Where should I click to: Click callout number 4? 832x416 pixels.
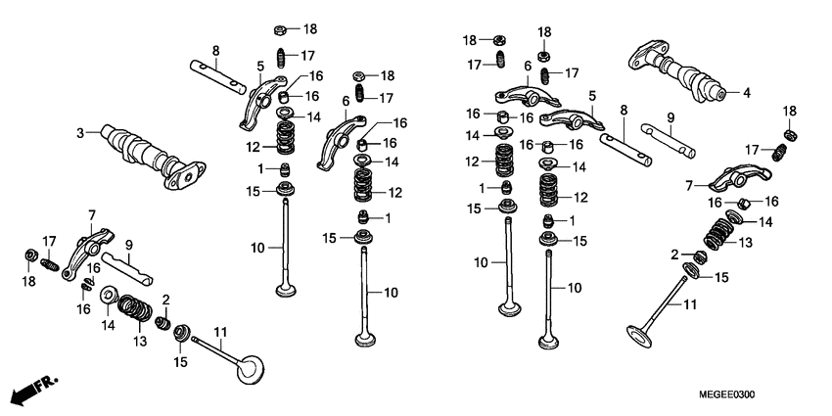pyautogui.click(x=747, y=94)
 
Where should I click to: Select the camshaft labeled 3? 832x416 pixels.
pyautogui.click(x=147, y=155)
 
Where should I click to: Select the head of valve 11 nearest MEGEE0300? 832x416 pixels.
pyautogui.click(x=639, y=335)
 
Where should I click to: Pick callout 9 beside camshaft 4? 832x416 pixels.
pyautogui.click(x=671, y=118)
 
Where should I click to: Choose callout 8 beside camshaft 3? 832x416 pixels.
pyautogui.click(x=215, y=51)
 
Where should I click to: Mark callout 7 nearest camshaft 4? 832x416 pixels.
pyautogui.click(x=688, y=185)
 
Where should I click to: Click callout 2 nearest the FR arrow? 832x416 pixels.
pyautogui.click(x=166, y=300)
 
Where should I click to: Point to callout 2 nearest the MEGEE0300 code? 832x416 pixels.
pyautogui.click(x=674, y=255)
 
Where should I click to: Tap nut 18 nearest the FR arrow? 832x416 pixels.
pyautogui.click(x=30, y=256)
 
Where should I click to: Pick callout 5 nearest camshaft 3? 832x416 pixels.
pyautogui.click(x=260, y=67)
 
